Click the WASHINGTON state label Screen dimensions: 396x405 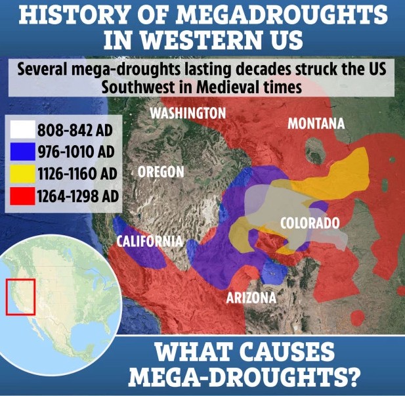click(188, 113)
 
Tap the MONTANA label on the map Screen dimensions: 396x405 click(316, 124)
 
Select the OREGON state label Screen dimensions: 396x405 click(161, 172)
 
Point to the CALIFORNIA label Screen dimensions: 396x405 click(149, 240)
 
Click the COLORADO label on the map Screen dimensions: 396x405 click(310, 223)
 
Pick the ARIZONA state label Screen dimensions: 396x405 click(251, 298)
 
